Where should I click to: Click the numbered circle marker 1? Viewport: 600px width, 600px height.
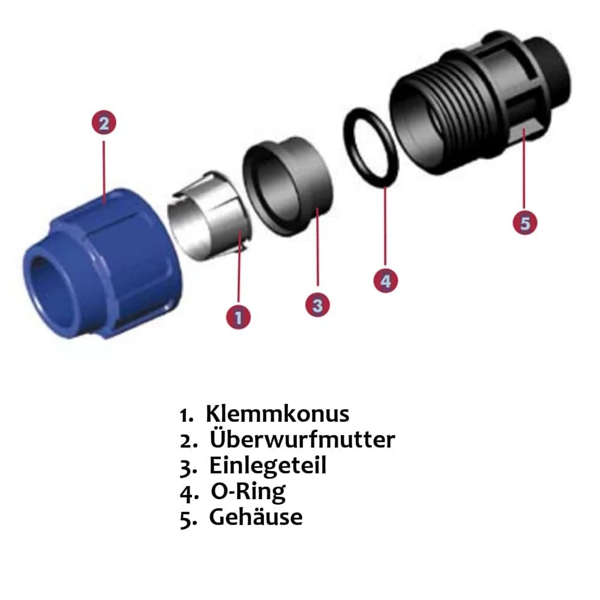[239, 316]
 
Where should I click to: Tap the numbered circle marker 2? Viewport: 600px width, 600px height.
[104, 124]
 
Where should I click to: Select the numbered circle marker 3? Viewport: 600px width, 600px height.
[317, 305]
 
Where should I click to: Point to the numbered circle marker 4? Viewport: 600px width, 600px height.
[385, 280]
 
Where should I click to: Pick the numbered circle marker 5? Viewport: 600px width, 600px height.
[525, 223]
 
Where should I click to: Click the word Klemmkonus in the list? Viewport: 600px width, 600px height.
[277, 414]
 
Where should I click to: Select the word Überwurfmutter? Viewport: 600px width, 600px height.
[302, 440]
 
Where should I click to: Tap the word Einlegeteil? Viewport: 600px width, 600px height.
[268, 466]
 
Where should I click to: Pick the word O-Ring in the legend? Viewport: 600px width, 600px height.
[248, 491]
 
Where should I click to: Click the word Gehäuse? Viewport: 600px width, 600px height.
[256, 517]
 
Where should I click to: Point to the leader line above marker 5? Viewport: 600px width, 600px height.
[524, 174]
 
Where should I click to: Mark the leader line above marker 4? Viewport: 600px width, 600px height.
[385, 228]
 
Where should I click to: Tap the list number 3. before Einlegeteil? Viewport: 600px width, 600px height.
[188, 467]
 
